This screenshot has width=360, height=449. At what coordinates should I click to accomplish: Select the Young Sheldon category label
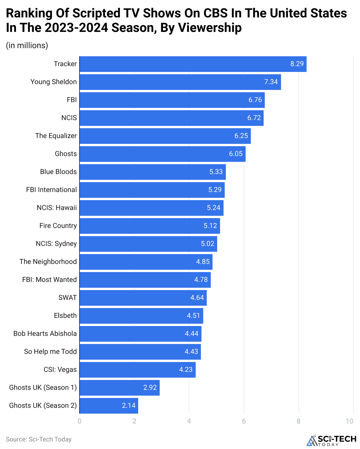point(53,82)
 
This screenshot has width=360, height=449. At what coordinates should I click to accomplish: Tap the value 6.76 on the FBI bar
point(255,100)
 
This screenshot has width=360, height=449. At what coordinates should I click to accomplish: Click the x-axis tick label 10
point(350,421)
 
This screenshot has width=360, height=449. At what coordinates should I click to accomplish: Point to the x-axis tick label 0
point(80,421)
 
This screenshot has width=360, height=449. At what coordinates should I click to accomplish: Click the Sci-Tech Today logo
point(332,440)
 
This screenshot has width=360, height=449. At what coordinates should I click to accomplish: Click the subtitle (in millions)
point(27,46)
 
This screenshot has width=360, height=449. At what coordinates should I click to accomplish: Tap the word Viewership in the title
point(210,28)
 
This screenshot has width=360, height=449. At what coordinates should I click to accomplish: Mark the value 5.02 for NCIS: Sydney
point(207,244)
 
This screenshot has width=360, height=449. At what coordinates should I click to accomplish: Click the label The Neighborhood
point(48,262)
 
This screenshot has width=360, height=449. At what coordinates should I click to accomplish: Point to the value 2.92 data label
point(150,388)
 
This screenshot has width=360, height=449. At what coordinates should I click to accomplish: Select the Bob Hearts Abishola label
point(45,334)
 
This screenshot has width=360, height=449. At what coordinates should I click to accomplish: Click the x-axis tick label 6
point(244,421)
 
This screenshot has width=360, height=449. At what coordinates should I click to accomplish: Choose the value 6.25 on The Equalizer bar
point(241,136)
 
